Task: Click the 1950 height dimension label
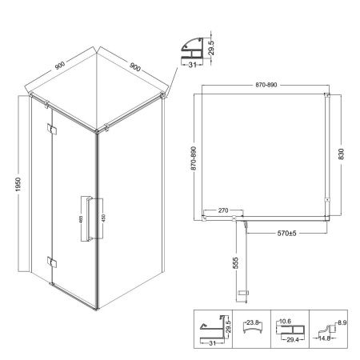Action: [18, 184]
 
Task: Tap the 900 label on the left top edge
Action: [60, 66]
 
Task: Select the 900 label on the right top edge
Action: [135, 67]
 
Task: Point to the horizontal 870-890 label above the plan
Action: [266, 85]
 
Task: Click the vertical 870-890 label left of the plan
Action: [194, 158]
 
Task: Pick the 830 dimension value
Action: [341, 154]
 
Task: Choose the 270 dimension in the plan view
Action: [223, 210]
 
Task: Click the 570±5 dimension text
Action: [286, 234]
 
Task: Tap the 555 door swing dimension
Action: [235, 263]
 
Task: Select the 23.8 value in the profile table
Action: [252, 322]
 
